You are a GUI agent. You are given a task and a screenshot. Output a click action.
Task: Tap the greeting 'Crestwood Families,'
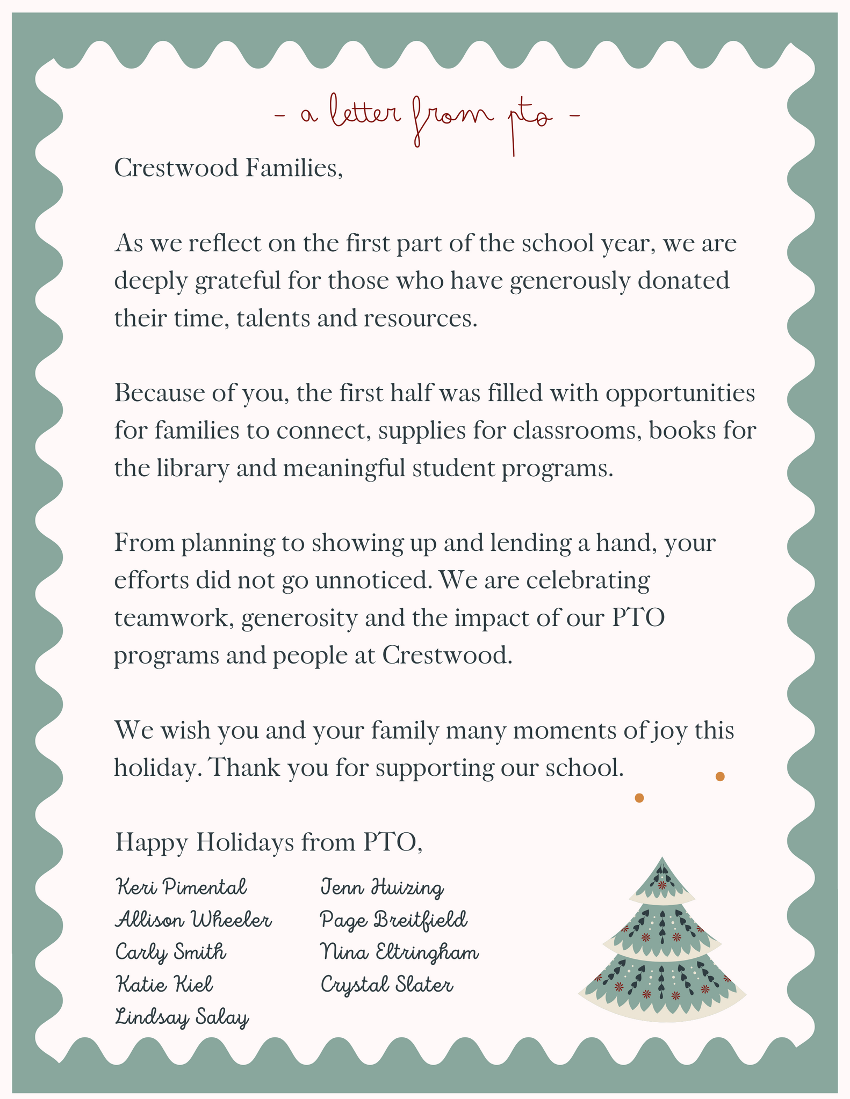coord(229,169)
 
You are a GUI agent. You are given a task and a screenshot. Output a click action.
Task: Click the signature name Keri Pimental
coord(181,887)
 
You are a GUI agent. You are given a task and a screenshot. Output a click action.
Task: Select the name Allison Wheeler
coord(193,920)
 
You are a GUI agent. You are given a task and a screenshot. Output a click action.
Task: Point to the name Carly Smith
coord(171,952)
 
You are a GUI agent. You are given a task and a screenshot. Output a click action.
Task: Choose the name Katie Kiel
coord(164,985)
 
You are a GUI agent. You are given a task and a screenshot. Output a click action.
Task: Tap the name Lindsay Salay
coord(182,1017)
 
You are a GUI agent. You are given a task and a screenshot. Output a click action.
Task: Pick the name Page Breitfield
coord(394,920)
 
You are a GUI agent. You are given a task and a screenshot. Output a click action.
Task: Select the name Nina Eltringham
coord(399,952)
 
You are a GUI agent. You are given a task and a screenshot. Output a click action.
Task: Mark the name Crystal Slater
coord(387,985)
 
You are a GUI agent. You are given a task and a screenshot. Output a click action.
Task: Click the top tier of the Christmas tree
coord(662,880)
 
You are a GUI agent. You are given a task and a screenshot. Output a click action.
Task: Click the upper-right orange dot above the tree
coord(720,776)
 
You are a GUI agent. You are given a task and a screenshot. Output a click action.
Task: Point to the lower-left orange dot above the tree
coord(639,798)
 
